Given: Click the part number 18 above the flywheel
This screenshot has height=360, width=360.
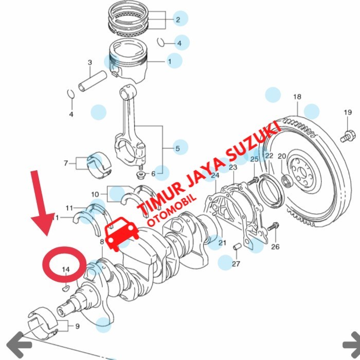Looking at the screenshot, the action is [x=297, y=97].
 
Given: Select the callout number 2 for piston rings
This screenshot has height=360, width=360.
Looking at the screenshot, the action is [x=178, y=20].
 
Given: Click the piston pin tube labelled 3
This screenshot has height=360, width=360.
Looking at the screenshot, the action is [x=93, y=81].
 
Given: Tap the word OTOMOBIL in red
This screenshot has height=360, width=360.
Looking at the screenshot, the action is [x=172, y=210].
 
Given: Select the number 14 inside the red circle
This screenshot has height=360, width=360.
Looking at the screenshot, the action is [x=66, y=269].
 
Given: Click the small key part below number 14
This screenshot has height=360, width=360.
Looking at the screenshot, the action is [x=66, y=287].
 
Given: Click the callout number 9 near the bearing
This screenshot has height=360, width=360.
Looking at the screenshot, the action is [x=77, y=326].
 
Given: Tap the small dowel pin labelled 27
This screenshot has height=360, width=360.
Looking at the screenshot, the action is [x=236, y=247].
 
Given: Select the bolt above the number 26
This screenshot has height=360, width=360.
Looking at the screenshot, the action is [x=273, y=226].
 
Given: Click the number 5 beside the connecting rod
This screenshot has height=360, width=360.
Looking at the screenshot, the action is [x=178, y=148].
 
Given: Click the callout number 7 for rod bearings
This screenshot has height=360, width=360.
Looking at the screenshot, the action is [x=66, y=163].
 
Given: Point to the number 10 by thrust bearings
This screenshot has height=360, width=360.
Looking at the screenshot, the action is [x=95, y=194].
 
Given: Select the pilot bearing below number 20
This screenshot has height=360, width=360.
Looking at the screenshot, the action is [x=286, y=181].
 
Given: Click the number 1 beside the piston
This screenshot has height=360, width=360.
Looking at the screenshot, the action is [x=170, y=62].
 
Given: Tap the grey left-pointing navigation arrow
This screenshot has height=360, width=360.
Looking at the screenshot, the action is [x=19, y=345].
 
